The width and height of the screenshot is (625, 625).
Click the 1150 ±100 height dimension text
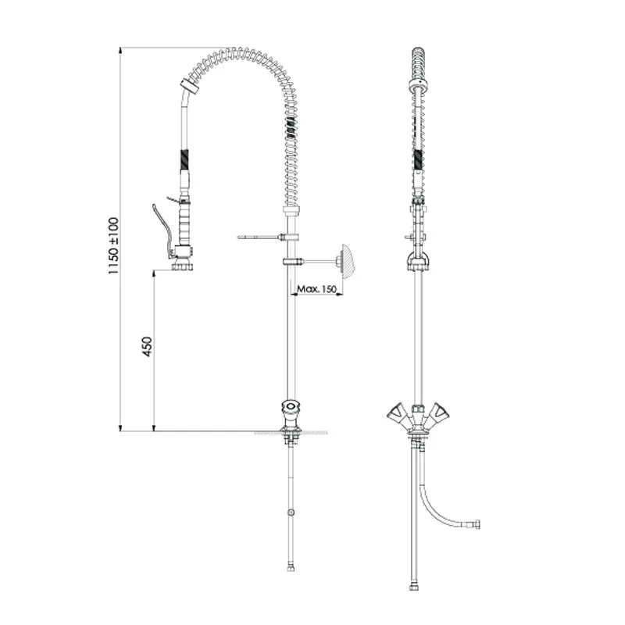point(113,245)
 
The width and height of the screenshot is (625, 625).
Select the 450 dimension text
point(147,346)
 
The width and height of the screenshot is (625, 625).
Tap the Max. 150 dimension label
point(317,288)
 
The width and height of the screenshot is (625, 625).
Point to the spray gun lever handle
point(162,228)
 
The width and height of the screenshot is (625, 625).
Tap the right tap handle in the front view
point(439,412)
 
